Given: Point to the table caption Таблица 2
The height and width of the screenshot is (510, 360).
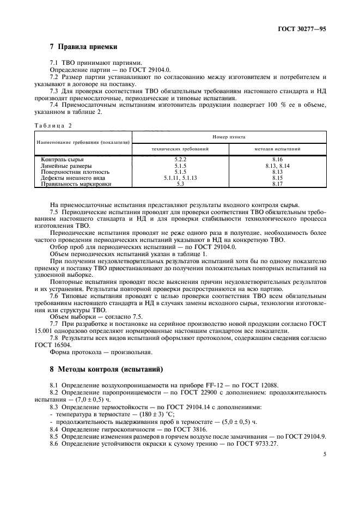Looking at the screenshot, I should click(x=53, y=125).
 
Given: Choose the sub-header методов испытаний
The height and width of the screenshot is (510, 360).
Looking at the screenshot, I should click(x=278, y=149).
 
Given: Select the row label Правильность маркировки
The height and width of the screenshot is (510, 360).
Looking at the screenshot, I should click(x=76, y=184).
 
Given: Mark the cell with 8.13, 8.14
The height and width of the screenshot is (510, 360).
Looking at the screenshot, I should click(x=278, y=166).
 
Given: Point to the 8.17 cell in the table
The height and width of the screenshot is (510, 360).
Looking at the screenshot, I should click(x=278, y=184).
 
